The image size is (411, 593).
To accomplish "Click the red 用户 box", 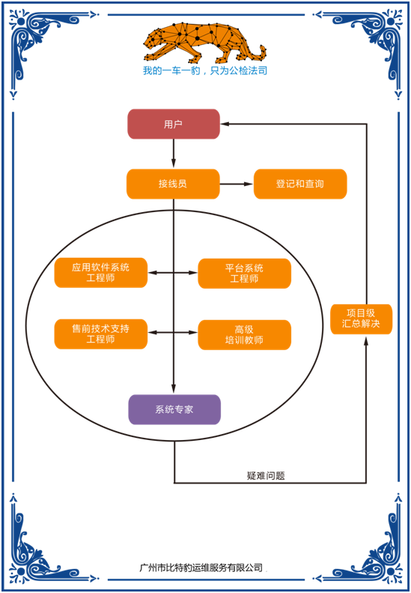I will (x=173, y=124).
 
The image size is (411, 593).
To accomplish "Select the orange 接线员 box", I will (x=173, y=184).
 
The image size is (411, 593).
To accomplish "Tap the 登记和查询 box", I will (x=300, y=184).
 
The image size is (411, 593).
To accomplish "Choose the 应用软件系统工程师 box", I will (x=100, y=273).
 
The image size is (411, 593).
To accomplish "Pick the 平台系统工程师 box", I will (x=244, y=273).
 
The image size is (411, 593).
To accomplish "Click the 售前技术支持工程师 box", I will (x=100, y=334).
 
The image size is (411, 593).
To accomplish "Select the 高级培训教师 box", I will (x=244, y=334).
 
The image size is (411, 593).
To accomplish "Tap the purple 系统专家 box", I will (x=174, y=409).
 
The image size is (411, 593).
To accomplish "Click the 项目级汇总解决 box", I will (x=361, y=319).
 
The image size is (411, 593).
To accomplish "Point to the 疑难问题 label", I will (x=266, y=475).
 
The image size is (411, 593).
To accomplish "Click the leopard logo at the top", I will (x=204, y=43).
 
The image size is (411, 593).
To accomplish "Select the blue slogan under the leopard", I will (x=204, y=71).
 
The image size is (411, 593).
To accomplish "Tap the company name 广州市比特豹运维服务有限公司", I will (x=201, y=568).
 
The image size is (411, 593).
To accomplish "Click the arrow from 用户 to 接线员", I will (x=174, y=154).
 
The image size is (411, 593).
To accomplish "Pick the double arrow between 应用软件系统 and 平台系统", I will (x=173, y=273).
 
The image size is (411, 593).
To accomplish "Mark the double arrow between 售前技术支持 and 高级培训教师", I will (x=173, y=334).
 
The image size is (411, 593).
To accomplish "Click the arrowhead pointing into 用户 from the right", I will (x=225, y=124).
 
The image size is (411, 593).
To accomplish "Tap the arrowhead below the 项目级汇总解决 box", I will (x=366, y=340).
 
